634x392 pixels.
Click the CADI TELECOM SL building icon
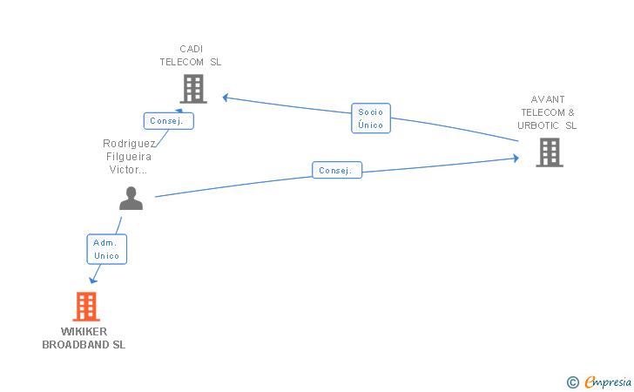coord(193,89)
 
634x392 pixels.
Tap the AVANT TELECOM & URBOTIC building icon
coord(550,152)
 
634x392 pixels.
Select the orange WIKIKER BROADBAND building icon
coord(86,307)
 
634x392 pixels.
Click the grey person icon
coord(131,199)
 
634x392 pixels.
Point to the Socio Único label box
coord(371,118)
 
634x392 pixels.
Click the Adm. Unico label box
coord(107,249)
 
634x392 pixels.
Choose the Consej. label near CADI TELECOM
coord(169,121)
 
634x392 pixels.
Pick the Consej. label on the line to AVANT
coord(337,170)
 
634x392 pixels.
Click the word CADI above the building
coord(191,49)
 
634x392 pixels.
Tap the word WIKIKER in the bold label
coord(84,332)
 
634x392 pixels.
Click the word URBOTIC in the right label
coord(538,125)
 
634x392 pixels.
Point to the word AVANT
coord(548,99)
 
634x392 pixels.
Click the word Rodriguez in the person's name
coord(129,144)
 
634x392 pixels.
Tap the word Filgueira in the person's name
coord(129,157)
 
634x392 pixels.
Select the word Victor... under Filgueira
coord(128,170)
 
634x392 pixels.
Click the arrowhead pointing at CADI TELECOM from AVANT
coord(226,98)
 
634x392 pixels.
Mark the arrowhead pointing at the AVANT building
coord(516,159)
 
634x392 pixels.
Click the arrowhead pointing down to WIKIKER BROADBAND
coord(93,280)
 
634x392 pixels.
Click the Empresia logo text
coord(608,382)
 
